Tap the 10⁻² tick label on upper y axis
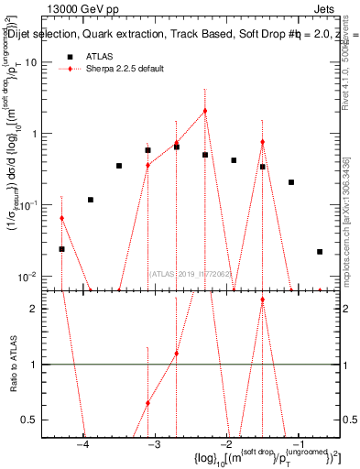(x=31, y=277)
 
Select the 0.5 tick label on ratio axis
(x=32, y=420)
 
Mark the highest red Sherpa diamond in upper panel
(x=205, y=111)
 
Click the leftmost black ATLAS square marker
(x=62, y=249)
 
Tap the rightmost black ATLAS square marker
(x=320, y=252)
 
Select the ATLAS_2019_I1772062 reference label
(x=192, y=274)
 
